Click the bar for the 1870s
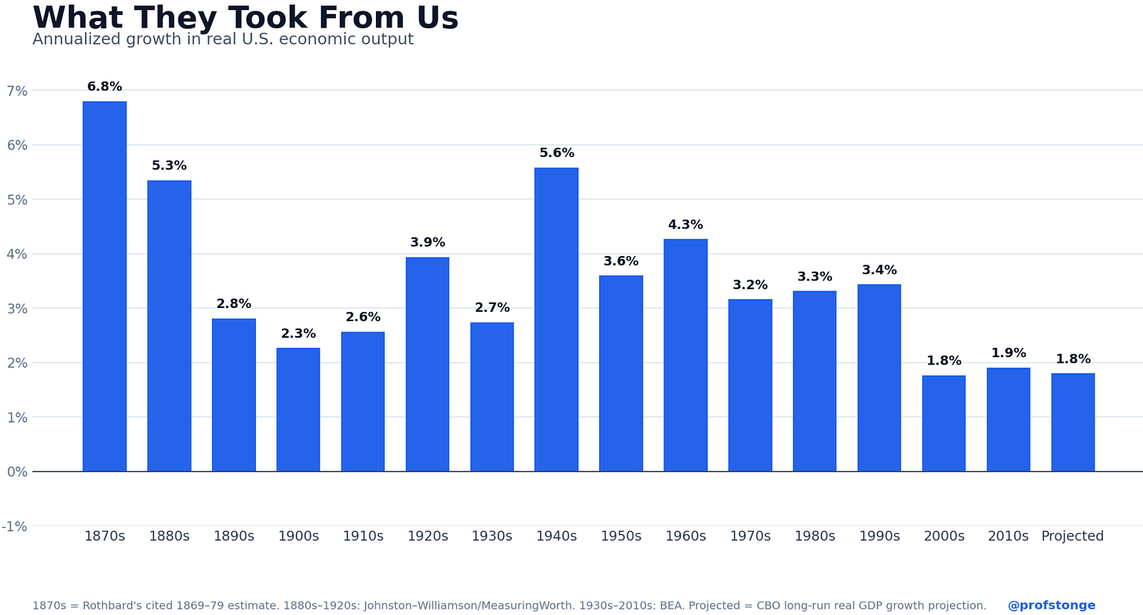point(104,287)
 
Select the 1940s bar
point(556,320)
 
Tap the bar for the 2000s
point(944,423)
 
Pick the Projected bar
point(1072,423)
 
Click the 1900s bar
point(298,410)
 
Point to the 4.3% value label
point(685,225)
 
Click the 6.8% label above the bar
point(104,86)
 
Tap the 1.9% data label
point(1008,353)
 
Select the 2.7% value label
point(492,308)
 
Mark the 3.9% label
point(428,243)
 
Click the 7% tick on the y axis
point(16,91)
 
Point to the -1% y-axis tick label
point(14,526)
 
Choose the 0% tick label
point(16,471)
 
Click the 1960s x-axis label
point(685,536)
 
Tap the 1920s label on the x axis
point(428,536)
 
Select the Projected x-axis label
point(1072,536)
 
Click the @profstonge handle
point(1051,606)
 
